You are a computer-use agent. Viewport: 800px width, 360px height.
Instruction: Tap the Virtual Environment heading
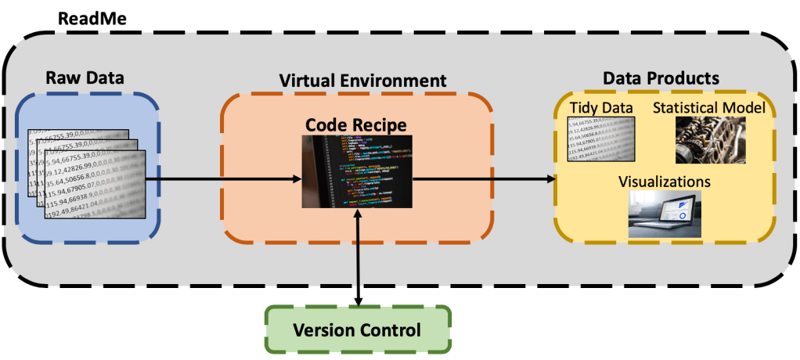[x=362, y=80]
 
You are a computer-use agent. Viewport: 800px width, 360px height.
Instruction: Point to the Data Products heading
[x=661, y=78]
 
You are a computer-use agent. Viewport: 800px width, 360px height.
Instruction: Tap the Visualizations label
[x=664, y=180]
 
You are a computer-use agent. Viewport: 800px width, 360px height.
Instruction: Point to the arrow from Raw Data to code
[x=223, y=178]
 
